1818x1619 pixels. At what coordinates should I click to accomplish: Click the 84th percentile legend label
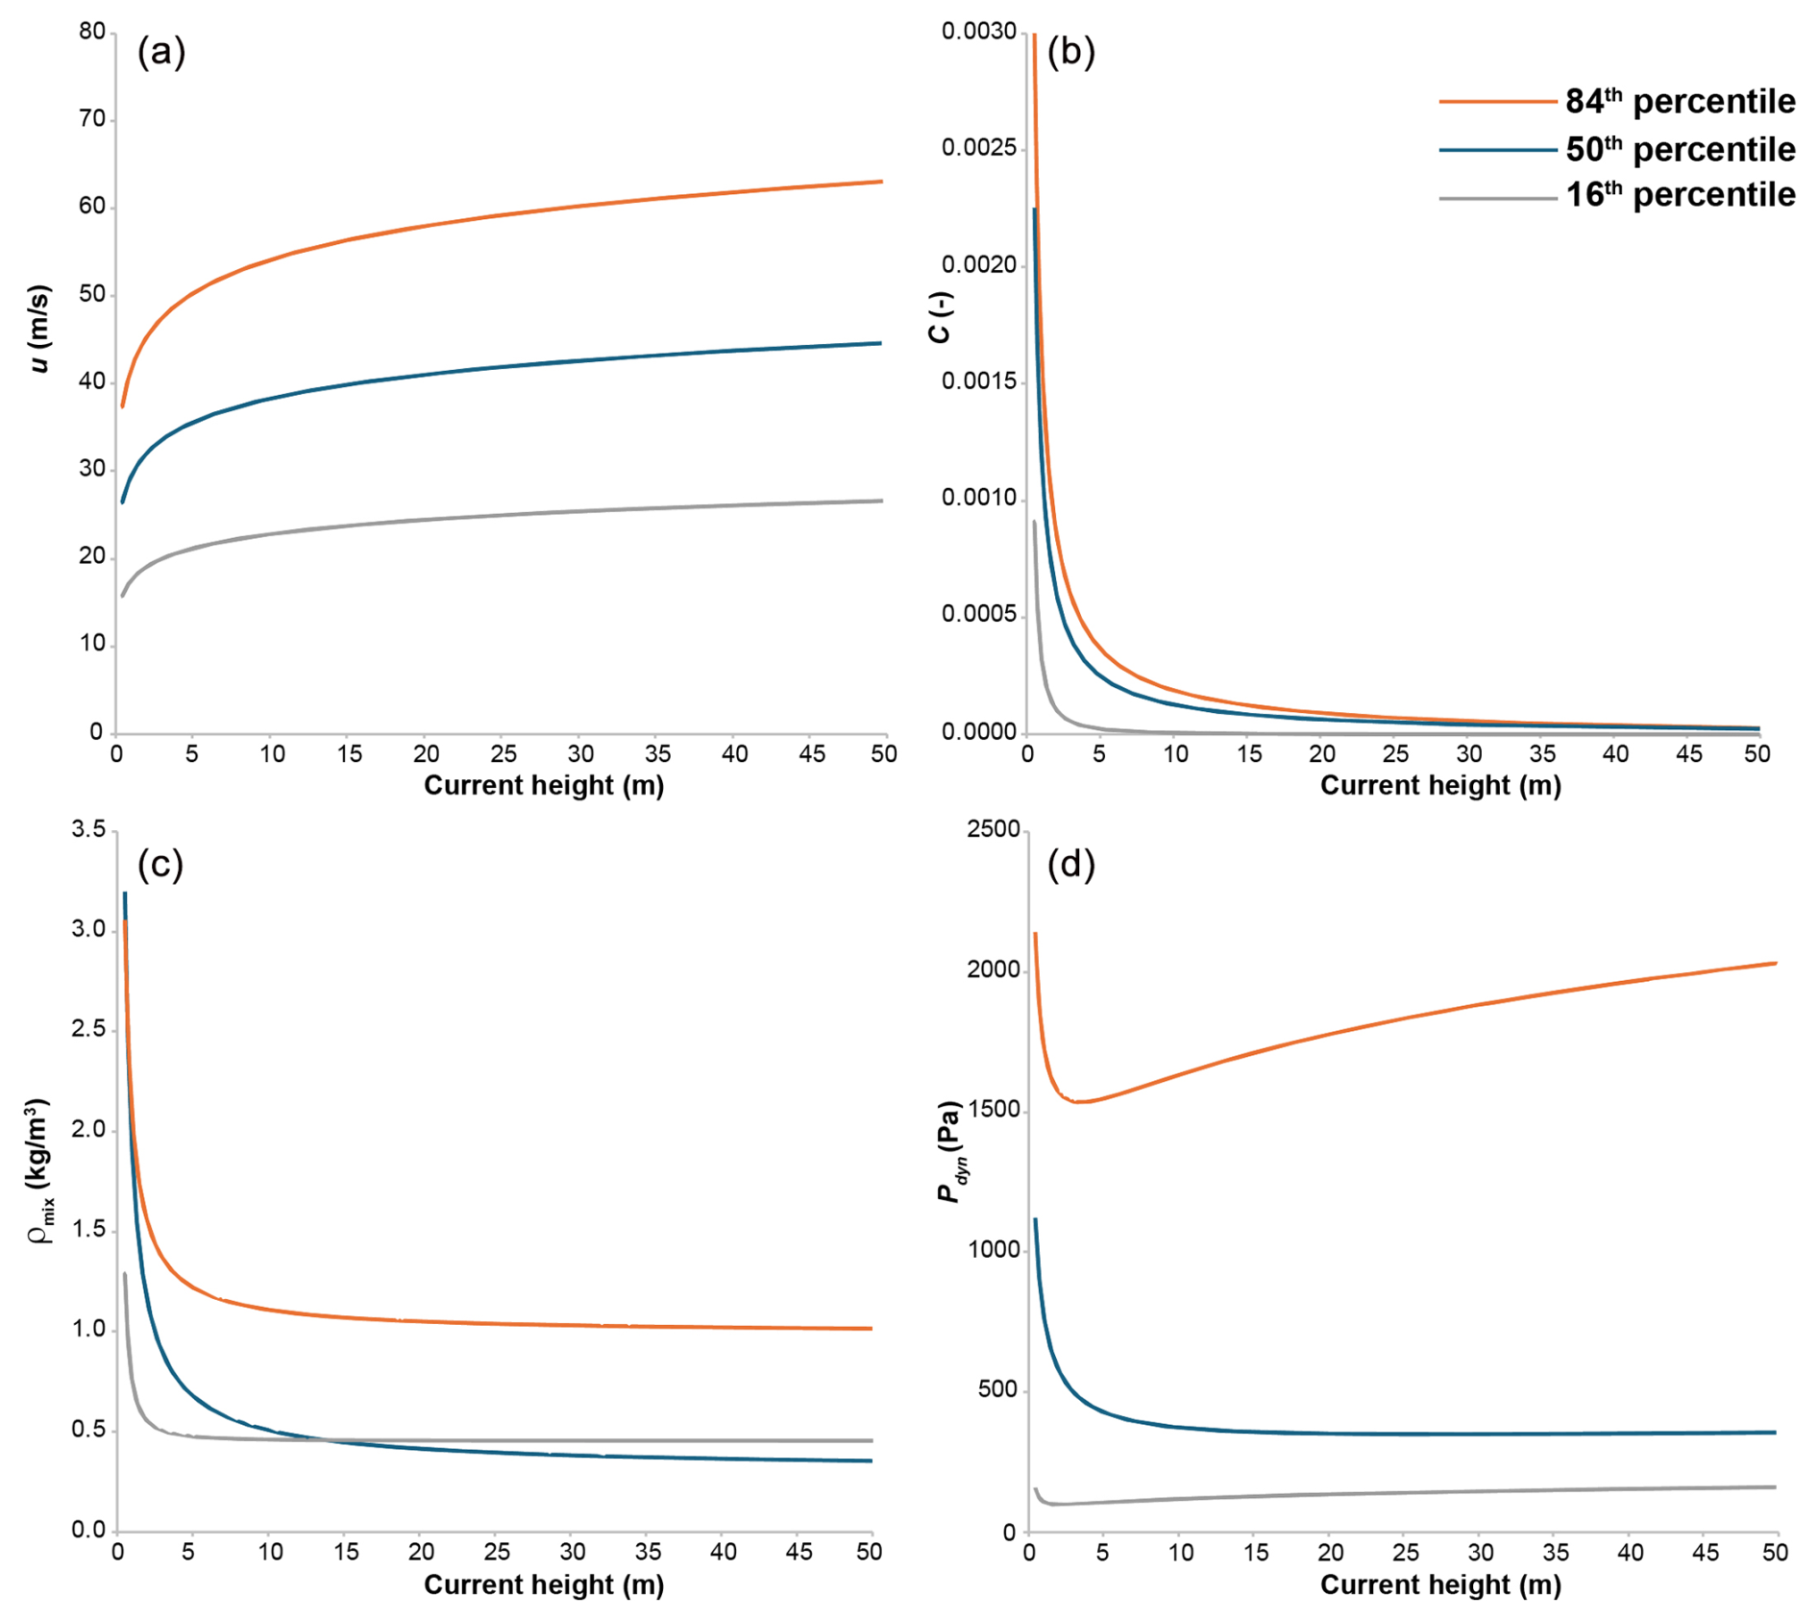click(1680, 101)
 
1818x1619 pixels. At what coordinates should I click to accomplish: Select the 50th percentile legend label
click(1680, 149)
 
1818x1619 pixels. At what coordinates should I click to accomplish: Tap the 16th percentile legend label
click(1680, 195)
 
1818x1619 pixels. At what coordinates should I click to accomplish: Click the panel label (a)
click(160, 51)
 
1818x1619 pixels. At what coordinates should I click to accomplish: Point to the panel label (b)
click(1070, 51)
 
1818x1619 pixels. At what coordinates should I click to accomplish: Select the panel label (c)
click(160, 865)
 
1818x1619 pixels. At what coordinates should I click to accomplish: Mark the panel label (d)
click(1070, 865)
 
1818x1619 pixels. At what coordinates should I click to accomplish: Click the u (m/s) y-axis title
click(39, 329)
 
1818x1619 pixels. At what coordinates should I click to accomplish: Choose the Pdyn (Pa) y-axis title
click(949, 1151)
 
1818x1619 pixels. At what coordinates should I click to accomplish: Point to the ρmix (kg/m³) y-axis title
click(39, 1170)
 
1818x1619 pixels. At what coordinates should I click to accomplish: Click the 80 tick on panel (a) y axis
click(92, 32)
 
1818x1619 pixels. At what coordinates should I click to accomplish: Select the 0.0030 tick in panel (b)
click(978, 32)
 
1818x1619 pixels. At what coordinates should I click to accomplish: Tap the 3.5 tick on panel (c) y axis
click(88, 829)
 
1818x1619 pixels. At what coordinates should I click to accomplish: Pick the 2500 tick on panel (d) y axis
click(993, 829)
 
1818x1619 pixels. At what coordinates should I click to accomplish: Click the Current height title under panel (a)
click(544, 785)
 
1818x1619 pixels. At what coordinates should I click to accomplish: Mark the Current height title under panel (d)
click(1440, 1584)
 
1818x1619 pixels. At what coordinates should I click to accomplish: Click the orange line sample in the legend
click(1497, 102)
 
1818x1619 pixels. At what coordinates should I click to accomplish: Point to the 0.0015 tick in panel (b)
click(978, 381)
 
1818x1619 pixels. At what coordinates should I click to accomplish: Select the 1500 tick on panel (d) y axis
click(993, 1110)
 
